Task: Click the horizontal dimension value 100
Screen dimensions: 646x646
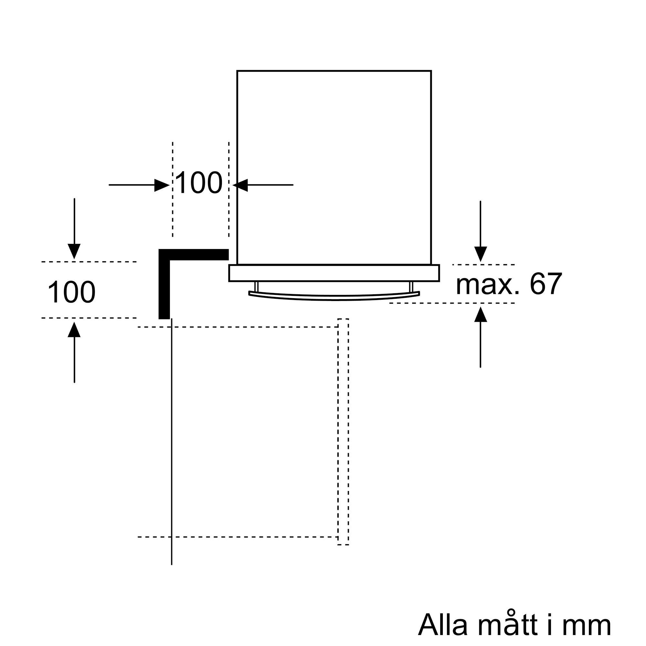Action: (x=198, y=182)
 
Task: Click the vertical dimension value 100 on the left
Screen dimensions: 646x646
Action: (x=72, y=292)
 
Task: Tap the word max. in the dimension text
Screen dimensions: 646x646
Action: (x=488, y=285)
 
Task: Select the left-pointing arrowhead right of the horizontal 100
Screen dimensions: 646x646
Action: (x=240, y=185)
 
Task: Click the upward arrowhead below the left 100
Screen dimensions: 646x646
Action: (x=74, y=329)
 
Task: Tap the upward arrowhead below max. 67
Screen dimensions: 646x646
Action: (x=481, y=315)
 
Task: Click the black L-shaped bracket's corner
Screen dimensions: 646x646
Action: (x=164, y=255)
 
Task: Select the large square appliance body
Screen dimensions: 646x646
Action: (x=334, y=167)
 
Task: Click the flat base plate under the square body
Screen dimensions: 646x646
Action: (x=334, y=273)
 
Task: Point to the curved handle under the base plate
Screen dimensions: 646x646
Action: (x=334, y=297)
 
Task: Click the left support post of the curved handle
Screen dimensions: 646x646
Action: (x=256, y=287)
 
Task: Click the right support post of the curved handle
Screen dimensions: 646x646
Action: (x=411, y=287)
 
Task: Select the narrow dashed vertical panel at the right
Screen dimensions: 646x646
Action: (x=343, y=431)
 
